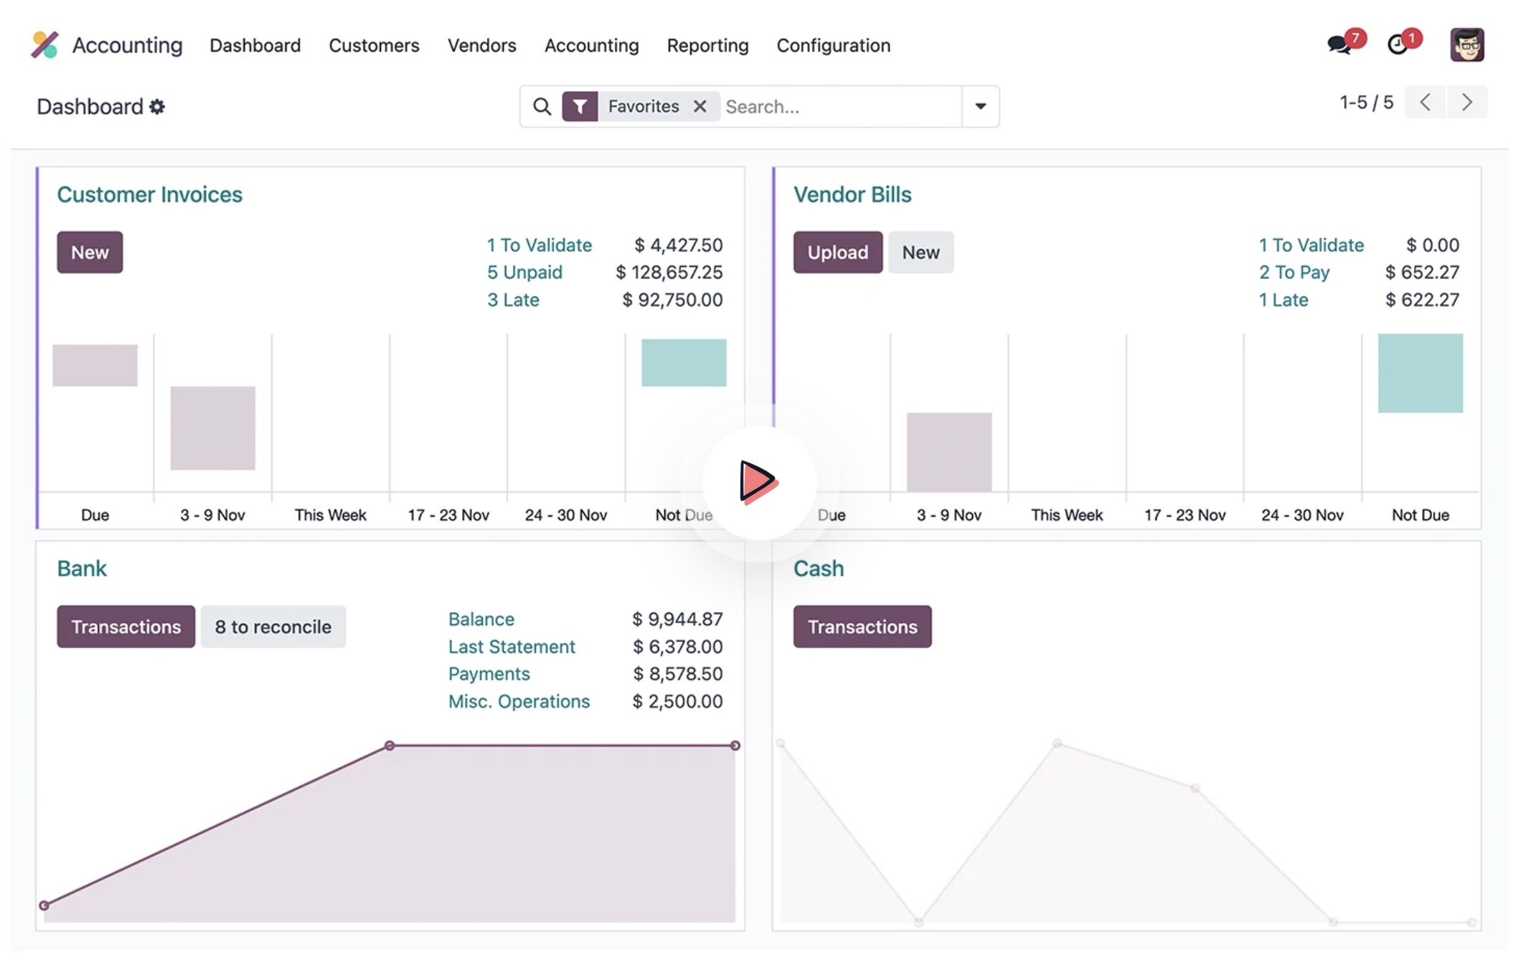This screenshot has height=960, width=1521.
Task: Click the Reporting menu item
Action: (707, 45)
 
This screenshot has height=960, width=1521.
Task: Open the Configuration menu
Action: (833, 45)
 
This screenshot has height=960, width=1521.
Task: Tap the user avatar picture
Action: (1466, 45)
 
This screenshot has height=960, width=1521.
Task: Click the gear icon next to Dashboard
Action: (157, 107)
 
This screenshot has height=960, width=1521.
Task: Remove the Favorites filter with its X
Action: (700, 106)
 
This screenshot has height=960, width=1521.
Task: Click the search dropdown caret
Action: (980, 106)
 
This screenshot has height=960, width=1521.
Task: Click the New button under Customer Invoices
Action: (90, 252)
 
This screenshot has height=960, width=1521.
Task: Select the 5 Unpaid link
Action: (524, 272)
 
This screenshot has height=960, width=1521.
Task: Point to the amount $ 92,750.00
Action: (672, 299)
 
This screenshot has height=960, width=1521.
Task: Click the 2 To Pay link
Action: (1294, 272)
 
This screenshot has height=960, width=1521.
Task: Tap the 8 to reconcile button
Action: (273, 626)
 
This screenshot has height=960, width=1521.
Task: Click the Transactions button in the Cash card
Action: (862, 626)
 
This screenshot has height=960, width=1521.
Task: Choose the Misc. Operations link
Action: (519, 701)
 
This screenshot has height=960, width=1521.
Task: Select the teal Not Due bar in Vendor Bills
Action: (1420, 373)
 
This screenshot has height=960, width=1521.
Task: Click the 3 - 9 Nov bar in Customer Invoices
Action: (212, 428)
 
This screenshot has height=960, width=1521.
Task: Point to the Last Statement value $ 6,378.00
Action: (677, 646)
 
